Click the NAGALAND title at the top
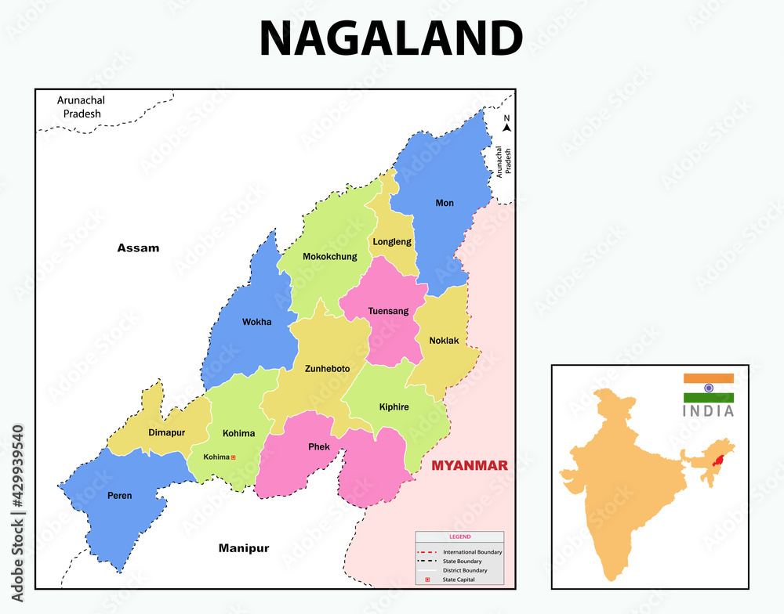tap(391, 38)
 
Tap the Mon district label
tap(445, 204)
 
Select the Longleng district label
tap(392, 242)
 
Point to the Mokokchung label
tap(328, 256)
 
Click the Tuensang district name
tap(388, 311)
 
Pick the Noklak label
tap(444, 341)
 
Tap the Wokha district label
tap(256, 322)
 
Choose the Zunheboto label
tap(327, 368)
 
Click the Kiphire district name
tap(394, 407)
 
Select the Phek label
tap(318, 447)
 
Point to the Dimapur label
tap(166, 432)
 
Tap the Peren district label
tap(120, 495)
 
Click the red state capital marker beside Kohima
tap(233, 457)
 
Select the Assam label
tap(138, 248)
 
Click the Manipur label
tap(244, 548)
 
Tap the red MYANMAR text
tap(470, 466)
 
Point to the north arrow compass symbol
tap(506, 124)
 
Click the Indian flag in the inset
tap(708, 388)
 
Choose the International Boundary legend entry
tap(459, 552)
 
